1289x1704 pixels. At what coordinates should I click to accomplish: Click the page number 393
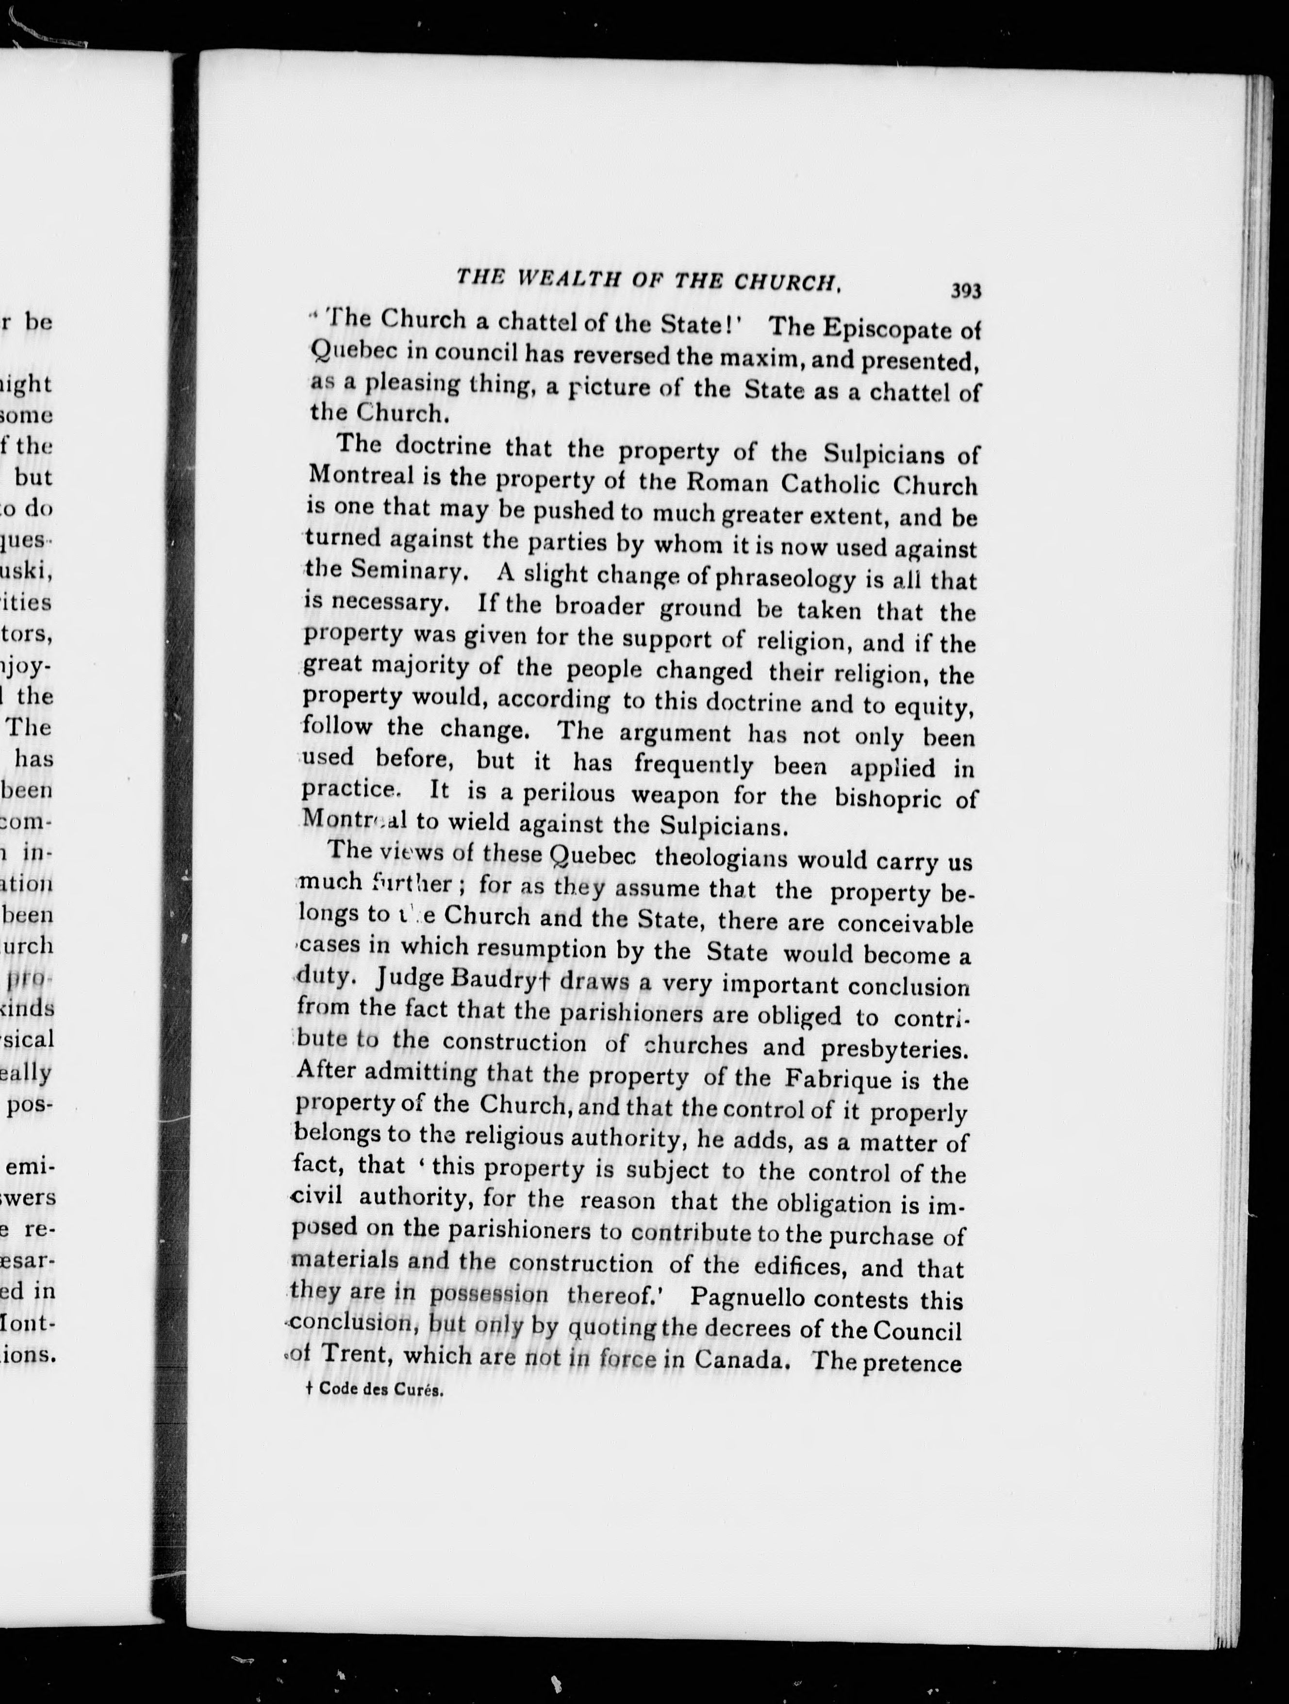(x=965, y=291)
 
